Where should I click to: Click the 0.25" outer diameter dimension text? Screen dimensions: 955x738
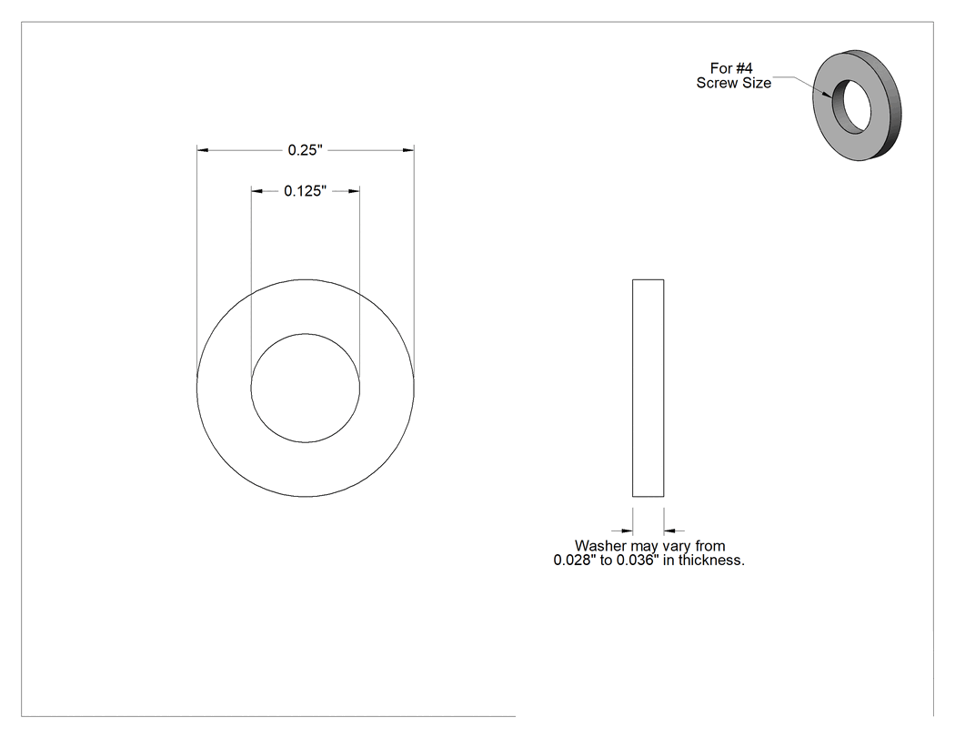[x=305, y=150]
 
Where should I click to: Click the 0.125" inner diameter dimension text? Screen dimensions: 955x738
[x=305, y=191]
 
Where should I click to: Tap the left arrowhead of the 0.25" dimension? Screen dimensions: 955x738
[x=202, y=150]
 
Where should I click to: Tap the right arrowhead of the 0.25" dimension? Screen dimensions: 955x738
[x=408, y=150]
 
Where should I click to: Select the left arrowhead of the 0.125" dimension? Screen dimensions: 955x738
[x=257, y=191]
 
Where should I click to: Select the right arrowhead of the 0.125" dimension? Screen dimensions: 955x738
[x=354, y=191]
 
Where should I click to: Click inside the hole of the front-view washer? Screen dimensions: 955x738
[x=305, y=389]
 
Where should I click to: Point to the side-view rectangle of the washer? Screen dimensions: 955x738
[x=648, y=389]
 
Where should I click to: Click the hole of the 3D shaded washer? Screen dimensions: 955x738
[x=852, y=106]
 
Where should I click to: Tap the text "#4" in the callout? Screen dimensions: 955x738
[x=744, y=68]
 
